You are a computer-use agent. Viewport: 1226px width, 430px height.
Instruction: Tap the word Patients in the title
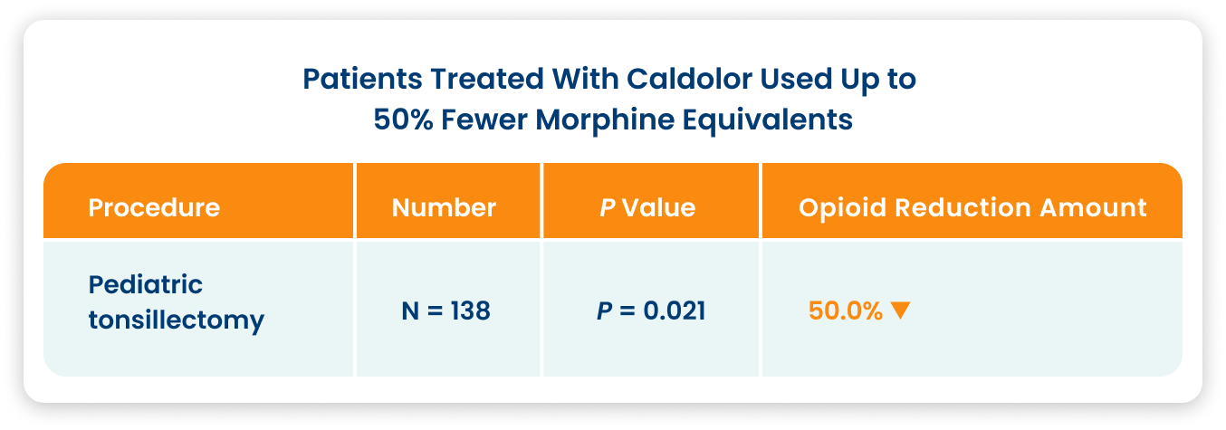362,79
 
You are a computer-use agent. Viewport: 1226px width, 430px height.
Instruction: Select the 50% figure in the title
403,119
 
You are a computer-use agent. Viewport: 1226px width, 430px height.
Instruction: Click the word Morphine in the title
605,120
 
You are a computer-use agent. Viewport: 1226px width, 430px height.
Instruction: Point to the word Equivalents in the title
767,120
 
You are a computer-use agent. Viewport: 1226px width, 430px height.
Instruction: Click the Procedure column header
154,207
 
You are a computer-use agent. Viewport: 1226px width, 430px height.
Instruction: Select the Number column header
444,207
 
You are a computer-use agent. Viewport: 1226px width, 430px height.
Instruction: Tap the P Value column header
647,207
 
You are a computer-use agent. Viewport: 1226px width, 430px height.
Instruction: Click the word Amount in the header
1093,207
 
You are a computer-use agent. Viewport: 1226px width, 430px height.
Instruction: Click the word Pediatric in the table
146,284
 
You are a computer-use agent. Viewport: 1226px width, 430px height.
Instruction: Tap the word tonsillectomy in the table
177,320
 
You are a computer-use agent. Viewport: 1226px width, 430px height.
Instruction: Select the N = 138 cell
445,311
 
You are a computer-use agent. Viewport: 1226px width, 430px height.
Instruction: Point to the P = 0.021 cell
651,311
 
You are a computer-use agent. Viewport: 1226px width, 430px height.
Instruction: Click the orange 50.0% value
845,311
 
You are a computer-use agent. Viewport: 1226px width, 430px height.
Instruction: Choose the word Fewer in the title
484,119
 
